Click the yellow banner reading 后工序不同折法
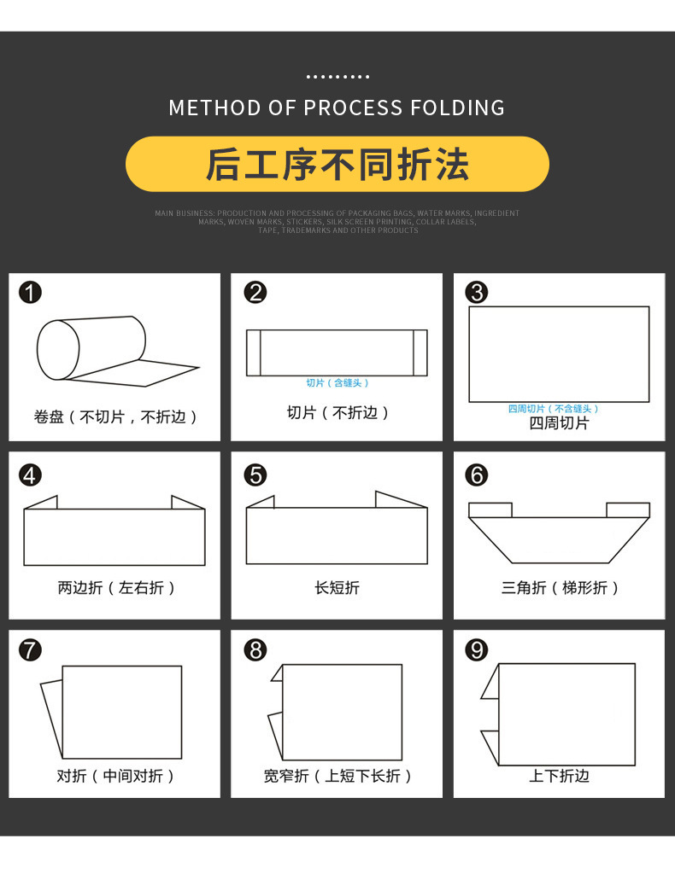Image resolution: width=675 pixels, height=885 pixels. pyautogui.click(x=337, y=164)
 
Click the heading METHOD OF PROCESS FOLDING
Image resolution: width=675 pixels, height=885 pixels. pyautogui.click(x=337, y=108)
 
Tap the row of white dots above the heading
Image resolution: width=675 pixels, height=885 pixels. pyautogui.click(x=337, y=77)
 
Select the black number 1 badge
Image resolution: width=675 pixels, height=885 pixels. pyautogui.click(x=30, y=293)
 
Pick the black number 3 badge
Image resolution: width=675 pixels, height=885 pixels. pyautogui.click(x=476, y=293)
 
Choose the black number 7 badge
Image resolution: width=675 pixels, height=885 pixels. pyautogui.click(x=30, y=650)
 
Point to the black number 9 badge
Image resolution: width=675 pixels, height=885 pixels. pyautogui.click(x=476, y=650)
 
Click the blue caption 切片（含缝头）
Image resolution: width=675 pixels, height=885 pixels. pyautogui.click(x=337, y=383)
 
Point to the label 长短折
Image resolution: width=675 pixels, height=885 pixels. pyautogui.click(x=337, y=588)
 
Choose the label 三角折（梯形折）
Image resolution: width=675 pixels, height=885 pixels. pyautogui.click(x=559, y=588)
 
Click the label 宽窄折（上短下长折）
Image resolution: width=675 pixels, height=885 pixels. pyautogui.click(x=337, y=776)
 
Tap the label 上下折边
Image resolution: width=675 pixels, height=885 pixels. pyautogui.click(x=559, y=776)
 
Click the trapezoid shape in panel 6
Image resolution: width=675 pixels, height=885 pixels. pyautogui.click(x=559, y=538)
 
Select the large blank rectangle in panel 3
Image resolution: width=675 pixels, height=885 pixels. pyautogui.click(x=559, y=353)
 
